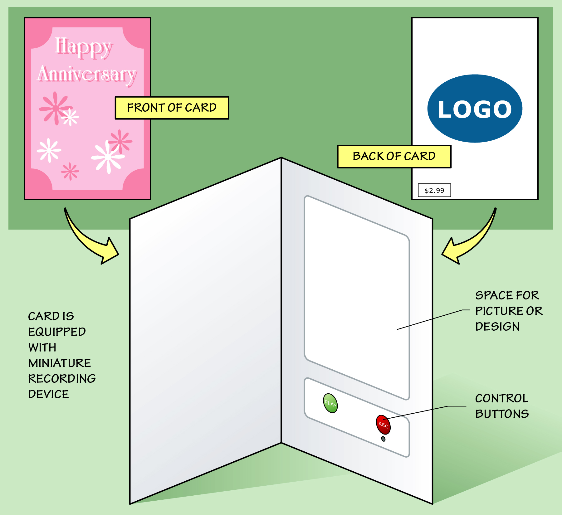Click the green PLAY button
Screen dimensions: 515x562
[330, 403]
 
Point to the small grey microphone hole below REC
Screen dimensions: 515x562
[383, 439]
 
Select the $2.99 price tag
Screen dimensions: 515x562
[434, 190]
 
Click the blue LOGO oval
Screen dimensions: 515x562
[475, 109]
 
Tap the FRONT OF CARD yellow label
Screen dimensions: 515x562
[172, 108]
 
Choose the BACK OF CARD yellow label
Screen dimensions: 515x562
[394, 156]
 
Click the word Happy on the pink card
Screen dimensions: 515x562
[83, 47]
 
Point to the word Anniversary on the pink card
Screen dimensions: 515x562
[87, 75]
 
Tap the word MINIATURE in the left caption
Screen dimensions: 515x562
[60, 363]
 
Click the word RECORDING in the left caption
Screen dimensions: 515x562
[62, 379]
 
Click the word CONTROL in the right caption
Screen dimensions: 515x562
[501, 398]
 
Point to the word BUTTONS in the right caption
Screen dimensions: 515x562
[502, 414]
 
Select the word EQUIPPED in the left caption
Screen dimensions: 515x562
[57, 332]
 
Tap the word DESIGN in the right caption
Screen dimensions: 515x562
[497, 327]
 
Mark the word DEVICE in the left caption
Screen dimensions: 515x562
[49, 394]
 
